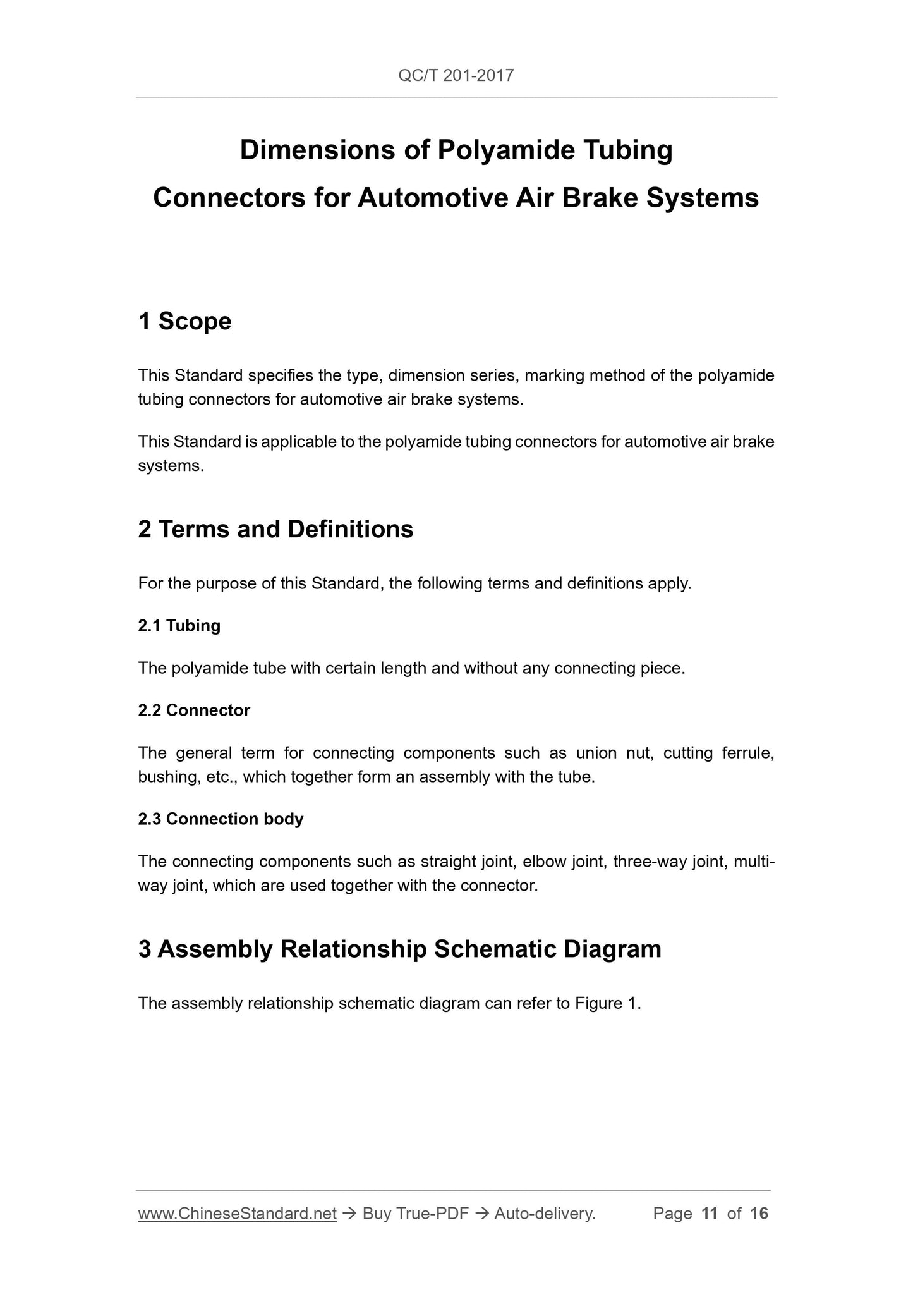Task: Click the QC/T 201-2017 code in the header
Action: [x=456, y=76]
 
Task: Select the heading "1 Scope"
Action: [x=184, y=321]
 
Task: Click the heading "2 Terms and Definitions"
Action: [x=275, y=529]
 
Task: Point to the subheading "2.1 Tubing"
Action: [x=179, y=626]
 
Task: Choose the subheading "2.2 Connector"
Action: [x=194, y=710]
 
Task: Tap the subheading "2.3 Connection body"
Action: [x=221, y=819]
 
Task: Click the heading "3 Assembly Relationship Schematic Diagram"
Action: [x=399, y=949]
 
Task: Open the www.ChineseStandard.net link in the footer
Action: [x=237, y=1214]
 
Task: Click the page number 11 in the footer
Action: [x=710, y=1214]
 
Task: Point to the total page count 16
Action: [x=759, y=1214]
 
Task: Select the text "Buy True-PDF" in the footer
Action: [x=415, y=1214]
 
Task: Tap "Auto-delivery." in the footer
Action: [x=545, y=1214]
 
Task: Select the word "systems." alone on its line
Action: [x=171, y=466]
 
